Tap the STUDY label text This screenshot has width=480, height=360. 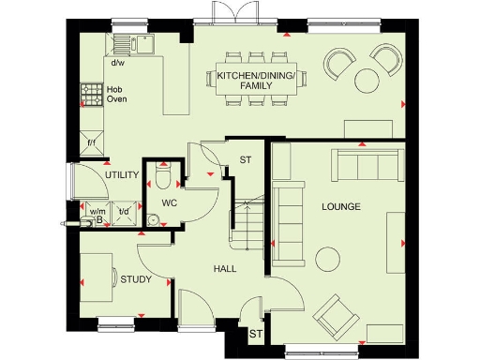coord(136,279)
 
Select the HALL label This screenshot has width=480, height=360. coord(224,269)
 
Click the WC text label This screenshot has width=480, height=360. coord(169,202)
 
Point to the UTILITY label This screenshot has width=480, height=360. coord(122,175)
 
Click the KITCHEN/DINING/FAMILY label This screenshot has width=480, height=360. coord(256,80)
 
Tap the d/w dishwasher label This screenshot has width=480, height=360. coord(118,64)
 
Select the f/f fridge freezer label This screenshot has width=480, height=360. coord(92,143)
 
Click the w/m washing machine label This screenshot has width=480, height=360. coord(97,211)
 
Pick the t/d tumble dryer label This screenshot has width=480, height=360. coord(124,211)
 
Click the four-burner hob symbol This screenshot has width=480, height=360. coord(92,95)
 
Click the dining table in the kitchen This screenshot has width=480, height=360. coord(256,81)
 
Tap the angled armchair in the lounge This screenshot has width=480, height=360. coord(332,315)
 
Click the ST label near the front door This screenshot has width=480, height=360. coord(255,333)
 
